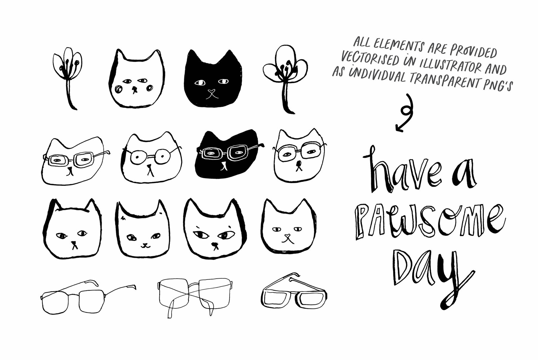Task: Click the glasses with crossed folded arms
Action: pyautogui.click(x=194, y=296)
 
